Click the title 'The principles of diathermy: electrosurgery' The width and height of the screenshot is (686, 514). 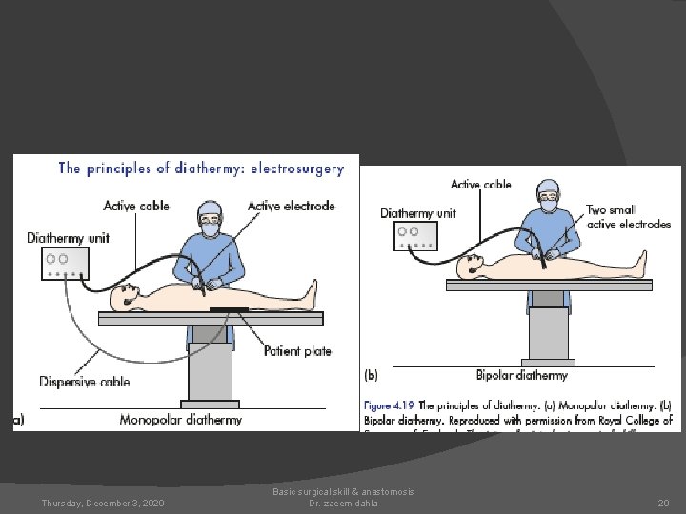(201, 168)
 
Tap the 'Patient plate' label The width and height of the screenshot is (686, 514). (297, 351)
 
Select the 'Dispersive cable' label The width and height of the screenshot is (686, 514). (84, 382)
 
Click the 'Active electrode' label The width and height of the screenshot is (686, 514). (292, 206)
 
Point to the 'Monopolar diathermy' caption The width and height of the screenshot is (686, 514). (181, 419)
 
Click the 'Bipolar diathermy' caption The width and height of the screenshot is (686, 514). (521, 375)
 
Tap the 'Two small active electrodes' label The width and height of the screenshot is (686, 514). (628, 217)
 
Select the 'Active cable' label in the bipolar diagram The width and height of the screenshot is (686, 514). (480, 185)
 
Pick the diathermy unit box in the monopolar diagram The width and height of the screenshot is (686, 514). (65, 262)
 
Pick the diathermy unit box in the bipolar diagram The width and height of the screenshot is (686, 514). (415, 235)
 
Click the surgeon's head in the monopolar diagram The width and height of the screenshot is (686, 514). (209, 218)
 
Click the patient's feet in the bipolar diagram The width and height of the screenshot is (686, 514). (640, 261)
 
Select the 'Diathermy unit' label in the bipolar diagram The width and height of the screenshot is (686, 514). (417, 213)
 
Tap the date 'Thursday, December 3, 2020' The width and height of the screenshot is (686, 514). (103, 503)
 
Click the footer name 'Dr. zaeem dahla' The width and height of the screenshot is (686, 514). (343, 503)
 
